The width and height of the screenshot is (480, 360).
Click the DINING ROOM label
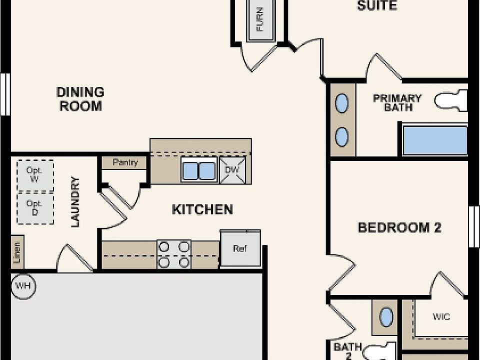coord(80,99)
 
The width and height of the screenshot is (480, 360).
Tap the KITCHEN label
coord(202,209)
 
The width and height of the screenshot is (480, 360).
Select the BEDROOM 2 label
coord(399,228)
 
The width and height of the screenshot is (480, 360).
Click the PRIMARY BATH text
coord(397,102)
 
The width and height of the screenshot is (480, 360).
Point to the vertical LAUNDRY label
coord(75,202)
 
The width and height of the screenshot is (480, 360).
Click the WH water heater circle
coord(23,286)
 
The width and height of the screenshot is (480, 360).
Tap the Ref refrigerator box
coord(240,248)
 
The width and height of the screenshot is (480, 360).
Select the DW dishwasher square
coord(233,170)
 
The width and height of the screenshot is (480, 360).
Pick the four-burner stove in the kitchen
coord(174,254)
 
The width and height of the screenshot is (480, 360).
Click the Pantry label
coord(124,162)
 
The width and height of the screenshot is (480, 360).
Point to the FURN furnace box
coord(260,20)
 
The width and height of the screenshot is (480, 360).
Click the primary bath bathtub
coord(434,140)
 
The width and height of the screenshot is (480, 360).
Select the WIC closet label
coord(441,317)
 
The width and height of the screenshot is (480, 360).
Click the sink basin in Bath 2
coord(385,317)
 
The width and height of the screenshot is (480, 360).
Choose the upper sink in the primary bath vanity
coord(342,103)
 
